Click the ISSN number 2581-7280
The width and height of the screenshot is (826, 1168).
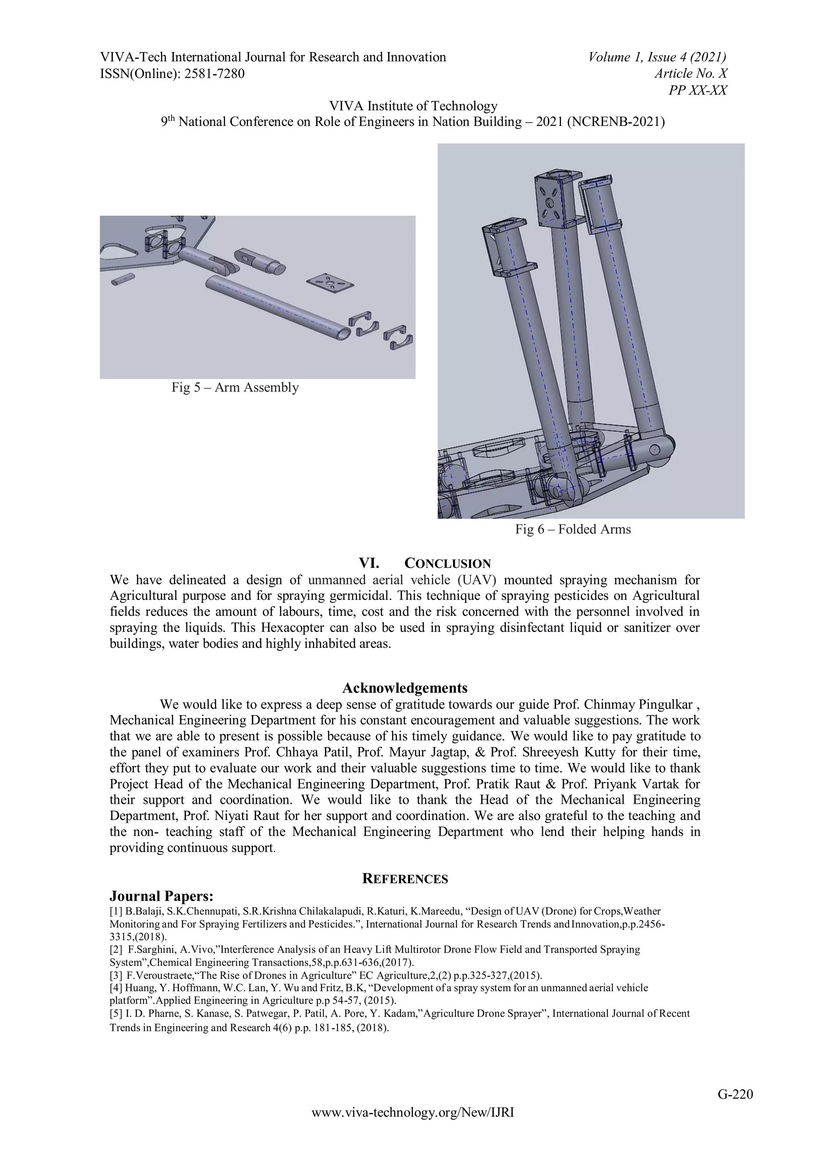[214, 74]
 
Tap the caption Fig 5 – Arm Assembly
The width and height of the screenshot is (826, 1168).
[235, 388]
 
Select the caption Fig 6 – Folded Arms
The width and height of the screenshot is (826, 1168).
[573, 530]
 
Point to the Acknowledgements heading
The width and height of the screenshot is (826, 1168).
[405, 688]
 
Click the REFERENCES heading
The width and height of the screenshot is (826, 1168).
[405, 879]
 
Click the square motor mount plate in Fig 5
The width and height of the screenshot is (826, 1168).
[331, 283]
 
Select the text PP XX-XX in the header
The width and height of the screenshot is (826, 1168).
[697, 91]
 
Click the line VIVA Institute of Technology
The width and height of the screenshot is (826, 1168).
[413, 106]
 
